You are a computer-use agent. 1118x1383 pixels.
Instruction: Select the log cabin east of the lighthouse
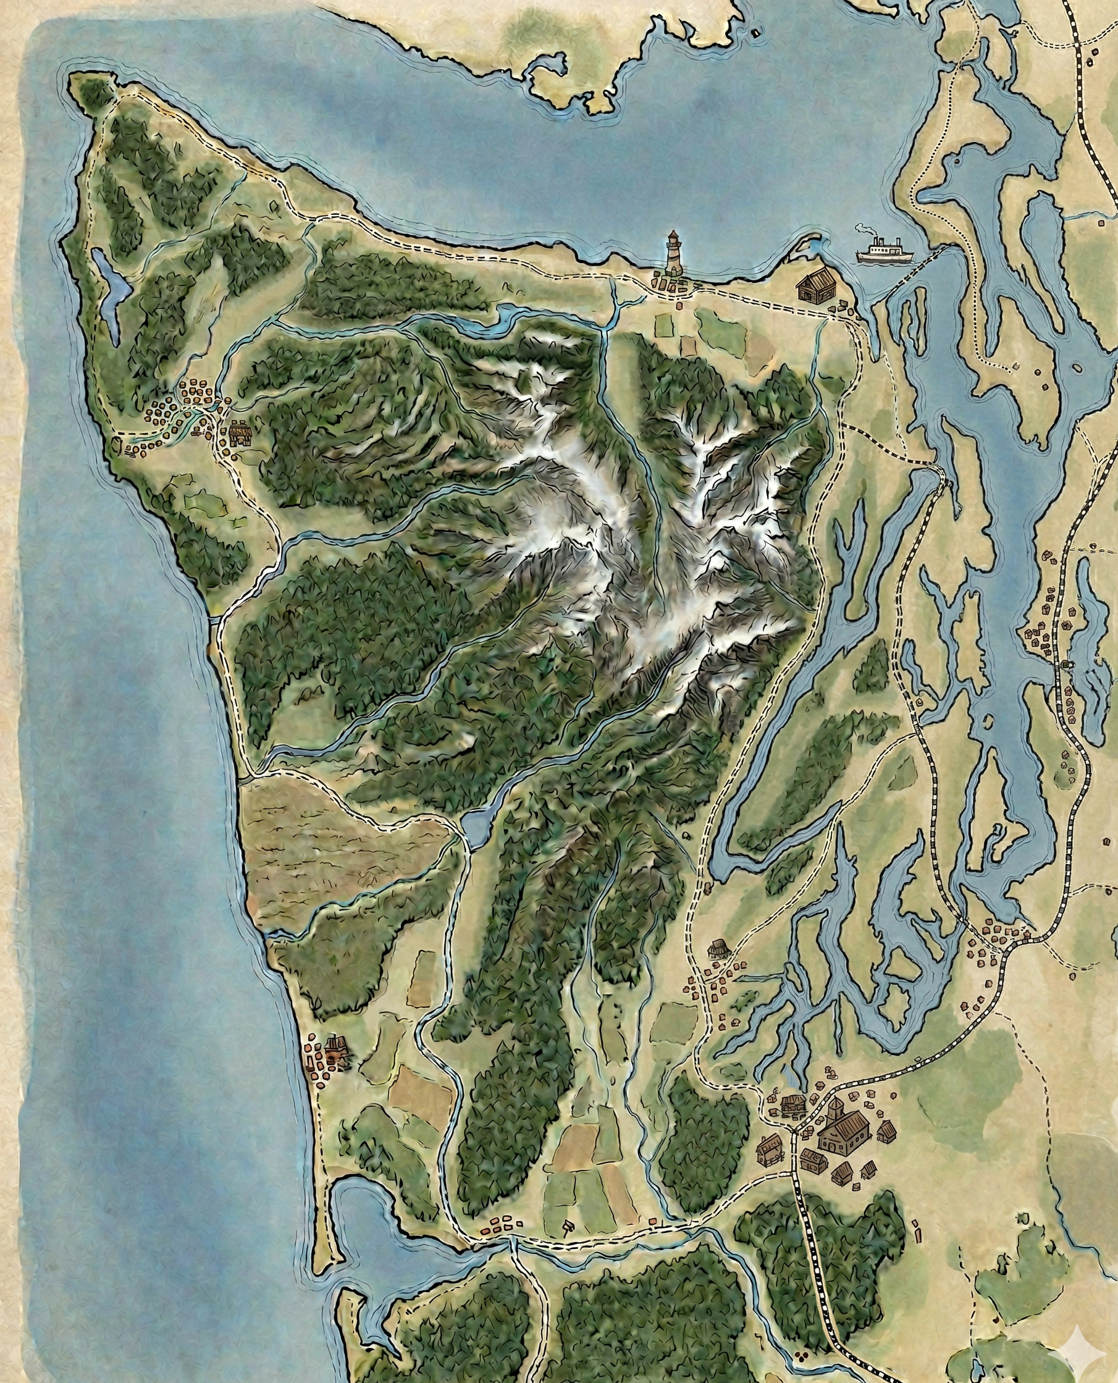click(x=815, y=286)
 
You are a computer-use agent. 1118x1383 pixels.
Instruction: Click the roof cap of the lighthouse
click(x=674, y=235)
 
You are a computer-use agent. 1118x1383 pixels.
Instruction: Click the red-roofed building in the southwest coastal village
click(x=335, y=1048)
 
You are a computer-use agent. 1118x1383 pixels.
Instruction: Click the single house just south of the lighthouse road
click(x=679, y=305)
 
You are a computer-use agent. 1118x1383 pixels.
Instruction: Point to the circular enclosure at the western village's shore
click(x=117, y=444)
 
